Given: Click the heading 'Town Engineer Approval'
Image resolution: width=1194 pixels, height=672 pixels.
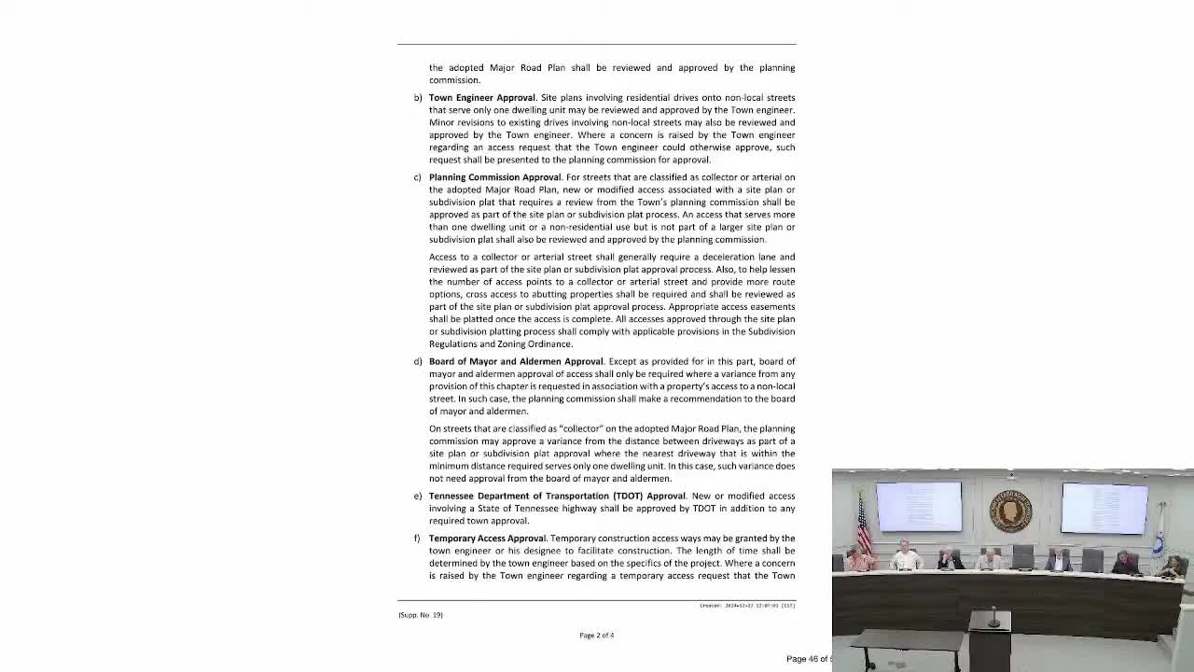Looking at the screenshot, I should click(481, 98).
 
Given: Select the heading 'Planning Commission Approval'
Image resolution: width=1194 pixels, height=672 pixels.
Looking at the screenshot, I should click(494, 177).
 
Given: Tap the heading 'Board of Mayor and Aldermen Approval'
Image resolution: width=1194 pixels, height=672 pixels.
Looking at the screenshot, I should click(516, 362).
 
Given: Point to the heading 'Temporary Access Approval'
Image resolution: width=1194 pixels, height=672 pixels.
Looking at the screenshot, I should click(487, 539).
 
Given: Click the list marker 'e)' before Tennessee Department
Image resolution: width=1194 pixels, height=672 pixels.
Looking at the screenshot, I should click(418, 497).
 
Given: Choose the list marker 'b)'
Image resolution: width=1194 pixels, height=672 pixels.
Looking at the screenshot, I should click(418, 98).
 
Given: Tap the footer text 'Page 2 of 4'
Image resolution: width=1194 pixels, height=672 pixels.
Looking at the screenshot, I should click(596, 636).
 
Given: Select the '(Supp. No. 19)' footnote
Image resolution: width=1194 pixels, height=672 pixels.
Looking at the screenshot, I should click(421, 615).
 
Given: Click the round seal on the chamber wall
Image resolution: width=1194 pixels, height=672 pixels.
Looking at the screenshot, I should click(1010, 511).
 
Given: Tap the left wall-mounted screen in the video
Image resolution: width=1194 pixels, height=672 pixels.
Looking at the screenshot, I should click(919, 506).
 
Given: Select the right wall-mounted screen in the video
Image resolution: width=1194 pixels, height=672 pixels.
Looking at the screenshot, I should click(1104, 508).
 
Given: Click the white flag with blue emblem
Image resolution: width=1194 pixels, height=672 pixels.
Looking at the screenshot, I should click(1159, 532).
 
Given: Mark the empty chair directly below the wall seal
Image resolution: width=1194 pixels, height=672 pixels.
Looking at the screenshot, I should click(1022, 558).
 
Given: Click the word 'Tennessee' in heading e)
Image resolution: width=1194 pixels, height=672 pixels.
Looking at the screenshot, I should click(451, 497).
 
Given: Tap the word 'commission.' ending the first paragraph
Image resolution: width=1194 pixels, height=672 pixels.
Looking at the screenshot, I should click(454, 80).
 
